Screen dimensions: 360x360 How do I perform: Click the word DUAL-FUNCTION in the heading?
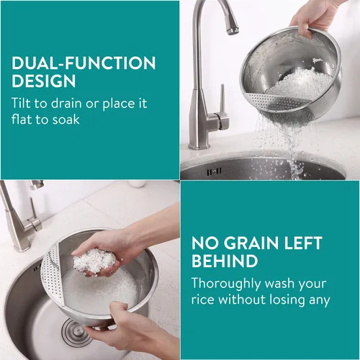click(x=84, y=63)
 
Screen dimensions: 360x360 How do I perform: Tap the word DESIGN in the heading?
click(x=44, y=81)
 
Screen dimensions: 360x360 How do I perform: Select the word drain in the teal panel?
click(x=66, y=103)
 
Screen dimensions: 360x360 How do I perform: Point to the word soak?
click(x=66, y=120)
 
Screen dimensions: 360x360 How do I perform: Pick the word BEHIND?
click(x=225, y=261)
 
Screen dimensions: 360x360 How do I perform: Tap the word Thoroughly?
click(x=226, y=284)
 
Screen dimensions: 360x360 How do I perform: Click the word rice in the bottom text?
click(x=202, y=300)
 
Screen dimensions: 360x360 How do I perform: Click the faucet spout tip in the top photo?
click(x=233, y=30)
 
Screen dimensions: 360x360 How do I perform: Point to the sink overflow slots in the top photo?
click(x=214, y=171)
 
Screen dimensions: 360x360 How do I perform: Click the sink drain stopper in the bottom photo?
click(x=75, y=332)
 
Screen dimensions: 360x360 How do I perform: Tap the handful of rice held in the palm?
click(x=94, y=261)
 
